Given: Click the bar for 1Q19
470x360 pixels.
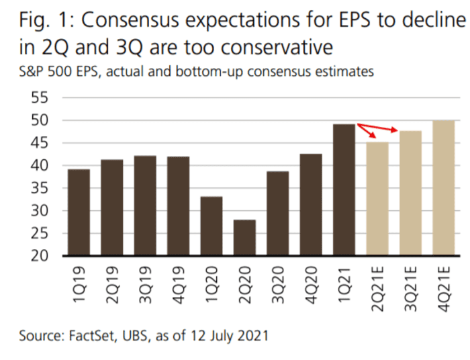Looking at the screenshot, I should coord(79,212).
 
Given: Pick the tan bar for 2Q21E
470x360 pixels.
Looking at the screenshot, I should coord(377,199).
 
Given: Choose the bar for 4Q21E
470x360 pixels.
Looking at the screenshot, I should coord(444,188).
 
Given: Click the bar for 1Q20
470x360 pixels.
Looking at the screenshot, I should coord(211,226).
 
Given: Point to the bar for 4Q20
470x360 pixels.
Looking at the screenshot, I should coord(311,205).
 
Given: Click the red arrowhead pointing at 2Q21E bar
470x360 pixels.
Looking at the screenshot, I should coord(373,138).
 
